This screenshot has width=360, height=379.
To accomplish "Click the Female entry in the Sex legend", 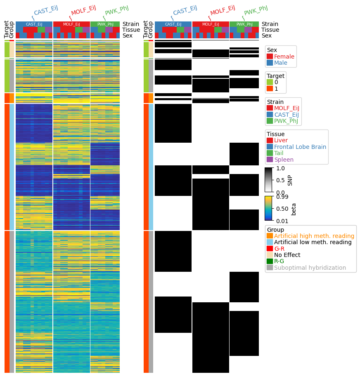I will tap(284, 56).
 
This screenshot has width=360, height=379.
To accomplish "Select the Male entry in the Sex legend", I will tap(280, 63).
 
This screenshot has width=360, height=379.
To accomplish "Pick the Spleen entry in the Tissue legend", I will tap(284, 160).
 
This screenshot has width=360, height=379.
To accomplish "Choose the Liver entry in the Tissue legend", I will tap(281, 140).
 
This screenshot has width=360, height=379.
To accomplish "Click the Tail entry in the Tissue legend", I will tap(279, 153).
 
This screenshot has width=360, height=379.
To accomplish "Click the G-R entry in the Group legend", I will tap(279, 249).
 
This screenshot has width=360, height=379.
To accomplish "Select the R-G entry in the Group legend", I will tap(279, 261).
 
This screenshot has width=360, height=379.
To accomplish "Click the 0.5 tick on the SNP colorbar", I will tap(280, 180).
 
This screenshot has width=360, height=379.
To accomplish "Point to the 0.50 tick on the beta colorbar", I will tap(282, 209).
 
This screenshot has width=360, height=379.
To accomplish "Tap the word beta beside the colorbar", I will tap(294, 209).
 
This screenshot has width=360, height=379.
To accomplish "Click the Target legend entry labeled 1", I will tap(276, 89).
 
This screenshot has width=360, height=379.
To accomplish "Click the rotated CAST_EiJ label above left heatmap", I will tap(46, 11).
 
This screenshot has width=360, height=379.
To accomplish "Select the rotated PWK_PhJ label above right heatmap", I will tap(256, 11).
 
